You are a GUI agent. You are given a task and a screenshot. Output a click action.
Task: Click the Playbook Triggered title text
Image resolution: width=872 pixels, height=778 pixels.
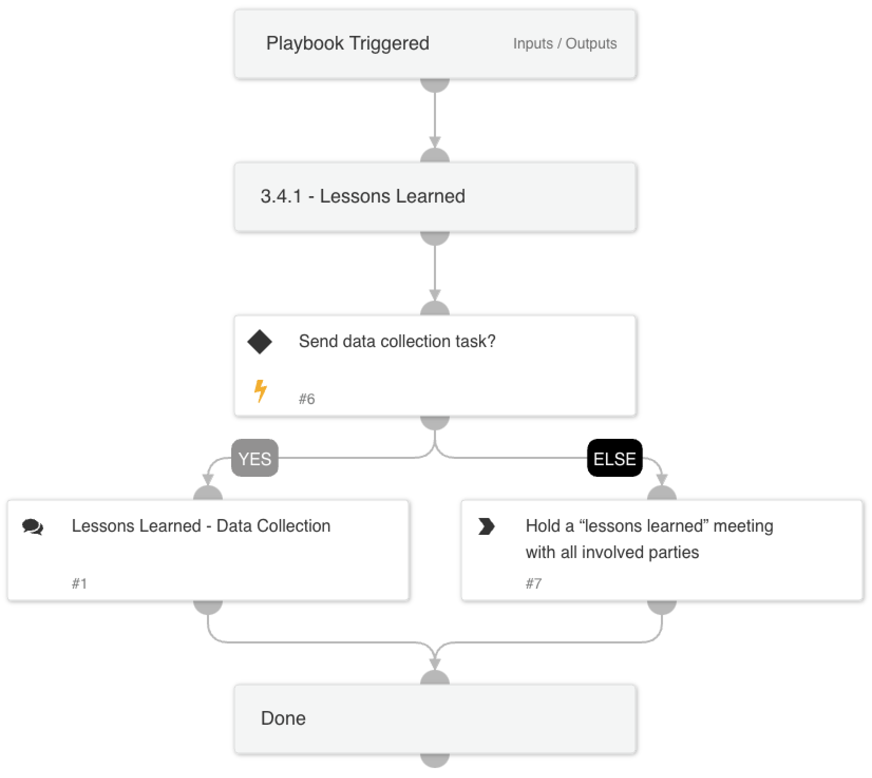tap(347, 43)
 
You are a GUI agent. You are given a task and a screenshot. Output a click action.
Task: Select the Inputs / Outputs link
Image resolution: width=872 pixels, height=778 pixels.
tap(564, 44)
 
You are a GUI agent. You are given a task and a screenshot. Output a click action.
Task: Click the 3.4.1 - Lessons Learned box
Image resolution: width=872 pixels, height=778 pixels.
tap(435, 197)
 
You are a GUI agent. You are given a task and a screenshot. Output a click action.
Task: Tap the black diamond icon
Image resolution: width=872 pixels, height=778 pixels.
tap(260, 342)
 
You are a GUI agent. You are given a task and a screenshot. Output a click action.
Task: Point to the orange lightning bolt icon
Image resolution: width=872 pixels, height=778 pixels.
tap(260, 391)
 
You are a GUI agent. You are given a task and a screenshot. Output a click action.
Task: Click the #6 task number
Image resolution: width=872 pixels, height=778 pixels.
tap(307, 399)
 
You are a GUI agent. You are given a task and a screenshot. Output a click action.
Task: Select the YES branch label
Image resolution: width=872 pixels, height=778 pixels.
tap(255, 458)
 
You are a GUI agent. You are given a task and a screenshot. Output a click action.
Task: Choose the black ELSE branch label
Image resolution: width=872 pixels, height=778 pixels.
tap(614, 458)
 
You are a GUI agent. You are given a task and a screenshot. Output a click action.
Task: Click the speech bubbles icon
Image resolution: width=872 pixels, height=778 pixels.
tap(33, 526)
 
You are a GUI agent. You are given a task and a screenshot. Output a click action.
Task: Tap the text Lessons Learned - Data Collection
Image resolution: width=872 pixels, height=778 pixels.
tap(201, 526)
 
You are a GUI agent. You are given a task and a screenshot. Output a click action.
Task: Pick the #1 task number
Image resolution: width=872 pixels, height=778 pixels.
tap(79, 584)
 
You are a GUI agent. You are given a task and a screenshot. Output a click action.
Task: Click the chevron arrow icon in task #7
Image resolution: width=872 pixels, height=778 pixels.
tap(486, 526)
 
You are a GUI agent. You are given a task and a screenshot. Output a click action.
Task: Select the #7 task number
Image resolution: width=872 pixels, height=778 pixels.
tap(534, 584)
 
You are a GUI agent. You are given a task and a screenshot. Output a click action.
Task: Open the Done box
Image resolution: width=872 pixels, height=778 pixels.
tap(435, 718)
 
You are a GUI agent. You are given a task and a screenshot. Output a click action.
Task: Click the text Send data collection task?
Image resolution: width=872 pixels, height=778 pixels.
tap(397, 341)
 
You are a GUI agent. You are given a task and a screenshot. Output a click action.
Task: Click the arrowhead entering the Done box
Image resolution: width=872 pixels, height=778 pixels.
tap(435, 664)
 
